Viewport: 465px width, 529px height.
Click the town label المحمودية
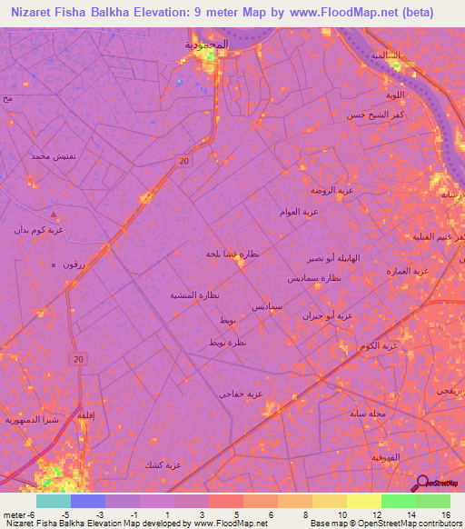coord(206,44)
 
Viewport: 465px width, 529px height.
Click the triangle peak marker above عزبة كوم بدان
coord(54,215)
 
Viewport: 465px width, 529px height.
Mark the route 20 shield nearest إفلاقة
coord(78,360)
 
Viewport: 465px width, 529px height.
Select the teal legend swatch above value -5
coord(53,501)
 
